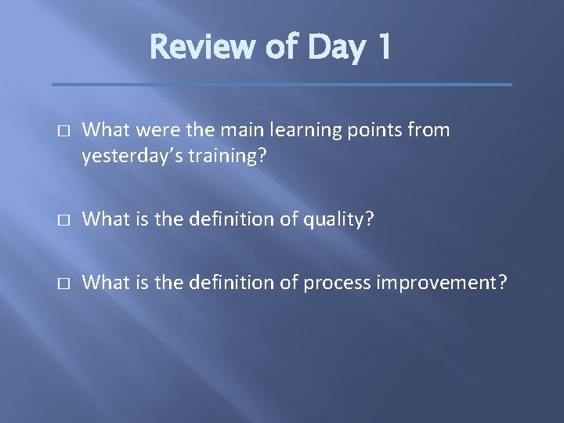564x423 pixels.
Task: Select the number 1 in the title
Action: pos(381,49)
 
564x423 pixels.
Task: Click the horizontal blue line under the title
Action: pos(281,85)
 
